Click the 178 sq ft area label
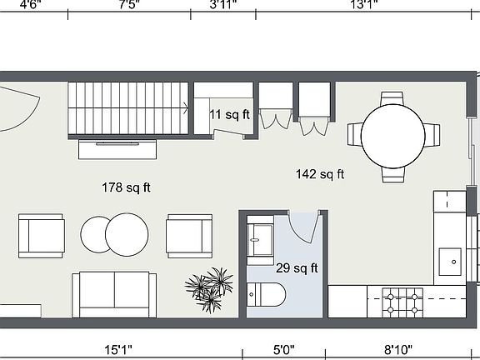click(x=126, y=187)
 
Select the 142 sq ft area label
click(x=320, y=174)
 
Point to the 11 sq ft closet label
click(x=228, y=115)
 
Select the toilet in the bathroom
click(x=267, y=293)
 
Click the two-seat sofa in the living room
click(x=114, y=293)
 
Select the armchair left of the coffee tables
click(x=41, y=235)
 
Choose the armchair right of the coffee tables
click(x=189, y=235)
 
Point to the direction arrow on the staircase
click(x=185, y=106)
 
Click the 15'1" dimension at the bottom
click(x=119, y=349)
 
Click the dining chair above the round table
click(x=393, y=98)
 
